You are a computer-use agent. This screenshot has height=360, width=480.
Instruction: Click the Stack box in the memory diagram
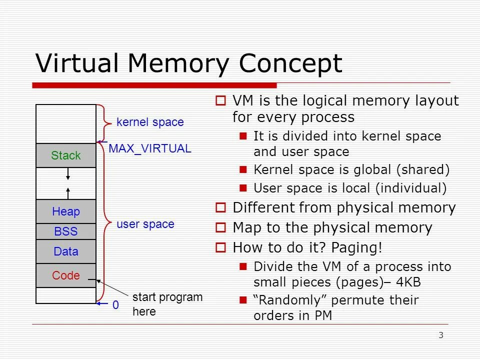[65, 155]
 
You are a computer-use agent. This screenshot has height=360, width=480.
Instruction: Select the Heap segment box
[65, 211]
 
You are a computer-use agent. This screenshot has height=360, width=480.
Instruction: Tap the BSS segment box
[65, 231]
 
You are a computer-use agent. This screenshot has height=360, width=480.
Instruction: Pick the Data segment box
[65, 251]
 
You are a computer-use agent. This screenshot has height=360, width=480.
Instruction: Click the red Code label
[66, 275]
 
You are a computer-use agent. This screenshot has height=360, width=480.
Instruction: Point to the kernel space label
[150, 122]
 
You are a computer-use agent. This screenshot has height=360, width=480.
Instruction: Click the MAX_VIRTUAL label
[150, 148]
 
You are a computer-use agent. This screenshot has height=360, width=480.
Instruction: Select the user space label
[145, 224]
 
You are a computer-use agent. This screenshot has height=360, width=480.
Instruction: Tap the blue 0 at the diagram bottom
[115, 304]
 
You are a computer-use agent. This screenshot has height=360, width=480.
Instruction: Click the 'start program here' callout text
[167, 304]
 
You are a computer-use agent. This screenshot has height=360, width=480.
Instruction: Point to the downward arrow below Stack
[68, 174]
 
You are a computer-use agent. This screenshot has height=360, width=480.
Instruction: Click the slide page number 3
[440, 335]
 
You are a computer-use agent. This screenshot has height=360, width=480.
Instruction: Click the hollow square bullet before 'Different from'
[222, 207]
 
